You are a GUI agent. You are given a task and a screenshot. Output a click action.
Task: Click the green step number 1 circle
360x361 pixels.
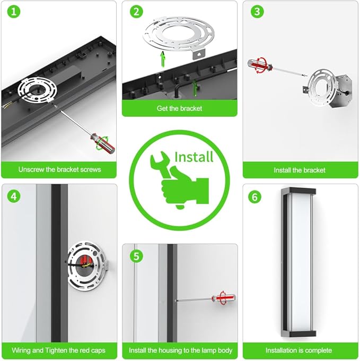pos(14,12)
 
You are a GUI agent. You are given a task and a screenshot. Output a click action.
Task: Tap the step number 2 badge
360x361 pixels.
pos(136,12)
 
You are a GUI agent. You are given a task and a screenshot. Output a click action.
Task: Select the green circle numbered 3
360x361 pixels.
pos(257,12)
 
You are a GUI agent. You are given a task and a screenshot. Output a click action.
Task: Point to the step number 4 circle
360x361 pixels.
pos(14,196)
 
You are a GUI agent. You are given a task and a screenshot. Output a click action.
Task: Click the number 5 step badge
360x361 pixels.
pos(136,256)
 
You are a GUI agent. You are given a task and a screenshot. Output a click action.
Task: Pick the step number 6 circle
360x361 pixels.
pos(254,197)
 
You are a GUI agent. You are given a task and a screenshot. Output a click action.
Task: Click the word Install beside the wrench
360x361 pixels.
pos(194,157)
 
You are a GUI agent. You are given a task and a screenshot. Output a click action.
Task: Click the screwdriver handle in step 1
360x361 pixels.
pos(102,144)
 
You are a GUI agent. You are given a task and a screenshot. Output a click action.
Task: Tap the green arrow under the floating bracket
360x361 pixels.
pos(163,59)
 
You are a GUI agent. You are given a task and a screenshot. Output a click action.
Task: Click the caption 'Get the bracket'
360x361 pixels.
pos(179,108)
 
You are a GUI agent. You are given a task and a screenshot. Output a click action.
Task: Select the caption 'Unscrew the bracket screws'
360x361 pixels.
pos(59,169)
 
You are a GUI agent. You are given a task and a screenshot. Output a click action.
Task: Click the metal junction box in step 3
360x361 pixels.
pos(340,92)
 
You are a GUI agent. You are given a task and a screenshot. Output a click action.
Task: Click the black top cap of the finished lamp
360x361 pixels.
pos(298,191)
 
